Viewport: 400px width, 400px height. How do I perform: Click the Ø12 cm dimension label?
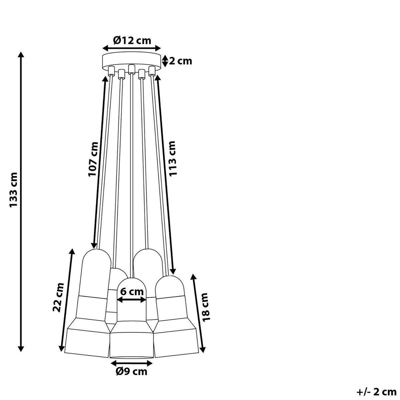click(132, 40)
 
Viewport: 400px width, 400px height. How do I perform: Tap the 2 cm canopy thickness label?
click(180, 61)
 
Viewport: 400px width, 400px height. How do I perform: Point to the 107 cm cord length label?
click(93, 159)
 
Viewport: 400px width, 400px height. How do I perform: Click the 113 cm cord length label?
click(172, 159)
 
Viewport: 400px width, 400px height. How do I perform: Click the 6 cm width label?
click(132, 291)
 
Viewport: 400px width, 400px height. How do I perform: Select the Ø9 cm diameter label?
click(132, 372)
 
